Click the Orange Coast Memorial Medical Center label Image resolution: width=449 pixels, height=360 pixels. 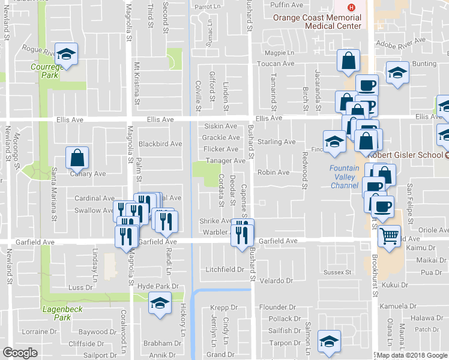[317, 22]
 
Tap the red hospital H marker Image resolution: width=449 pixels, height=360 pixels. [352, 8]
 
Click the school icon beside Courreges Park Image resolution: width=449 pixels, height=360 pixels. [67, 54]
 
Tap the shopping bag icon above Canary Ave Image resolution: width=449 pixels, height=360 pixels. [77, 158]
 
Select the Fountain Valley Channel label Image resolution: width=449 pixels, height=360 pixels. [345, 177]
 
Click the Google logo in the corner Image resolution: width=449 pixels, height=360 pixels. [20, 353]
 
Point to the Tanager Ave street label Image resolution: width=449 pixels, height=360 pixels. [226, 161]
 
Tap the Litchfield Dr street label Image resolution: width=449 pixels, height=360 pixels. [224, 269]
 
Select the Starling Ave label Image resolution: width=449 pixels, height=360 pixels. [277, 142]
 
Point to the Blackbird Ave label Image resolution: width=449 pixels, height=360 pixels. [160, 144]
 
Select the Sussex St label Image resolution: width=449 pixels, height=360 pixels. [337, 272]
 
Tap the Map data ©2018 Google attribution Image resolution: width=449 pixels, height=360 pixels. [412, 355]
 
